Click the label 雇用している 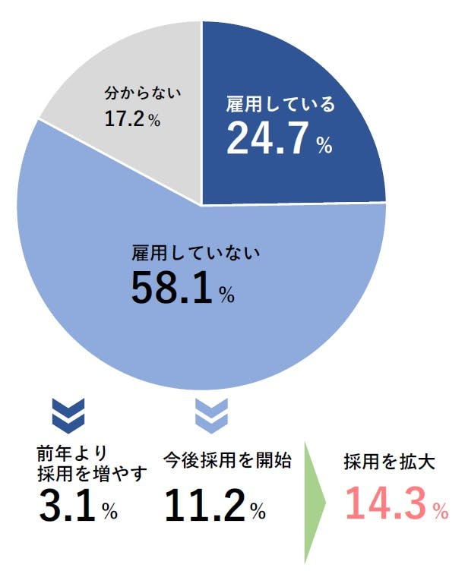tap(280, 106)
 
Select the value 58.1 tap(170, 288)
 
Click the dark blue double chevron tap(68, 412)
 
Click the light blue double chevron tap(212, 412)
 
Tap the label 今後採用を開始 tap(227, 460)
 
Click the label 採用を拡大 tap(389, 462)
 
